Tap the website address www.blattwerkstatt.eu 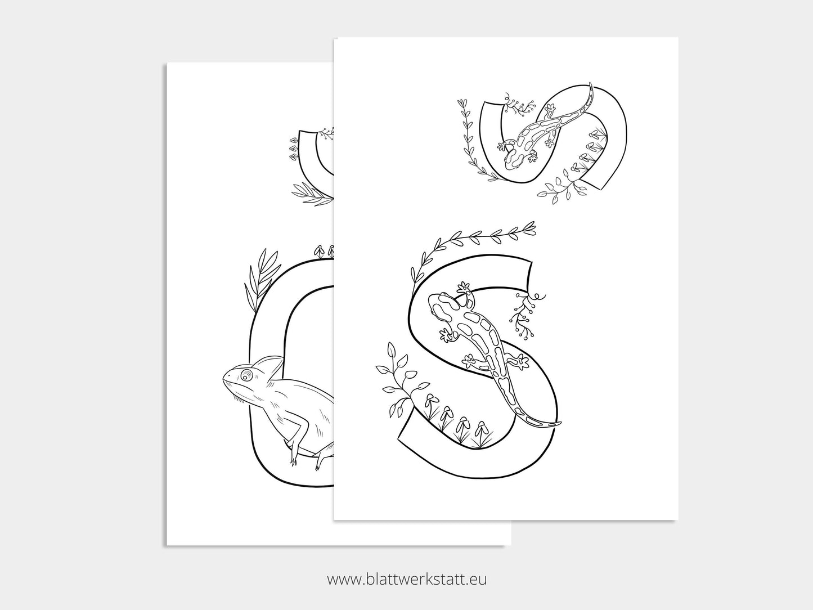406,578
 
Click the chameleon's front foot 293,459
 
